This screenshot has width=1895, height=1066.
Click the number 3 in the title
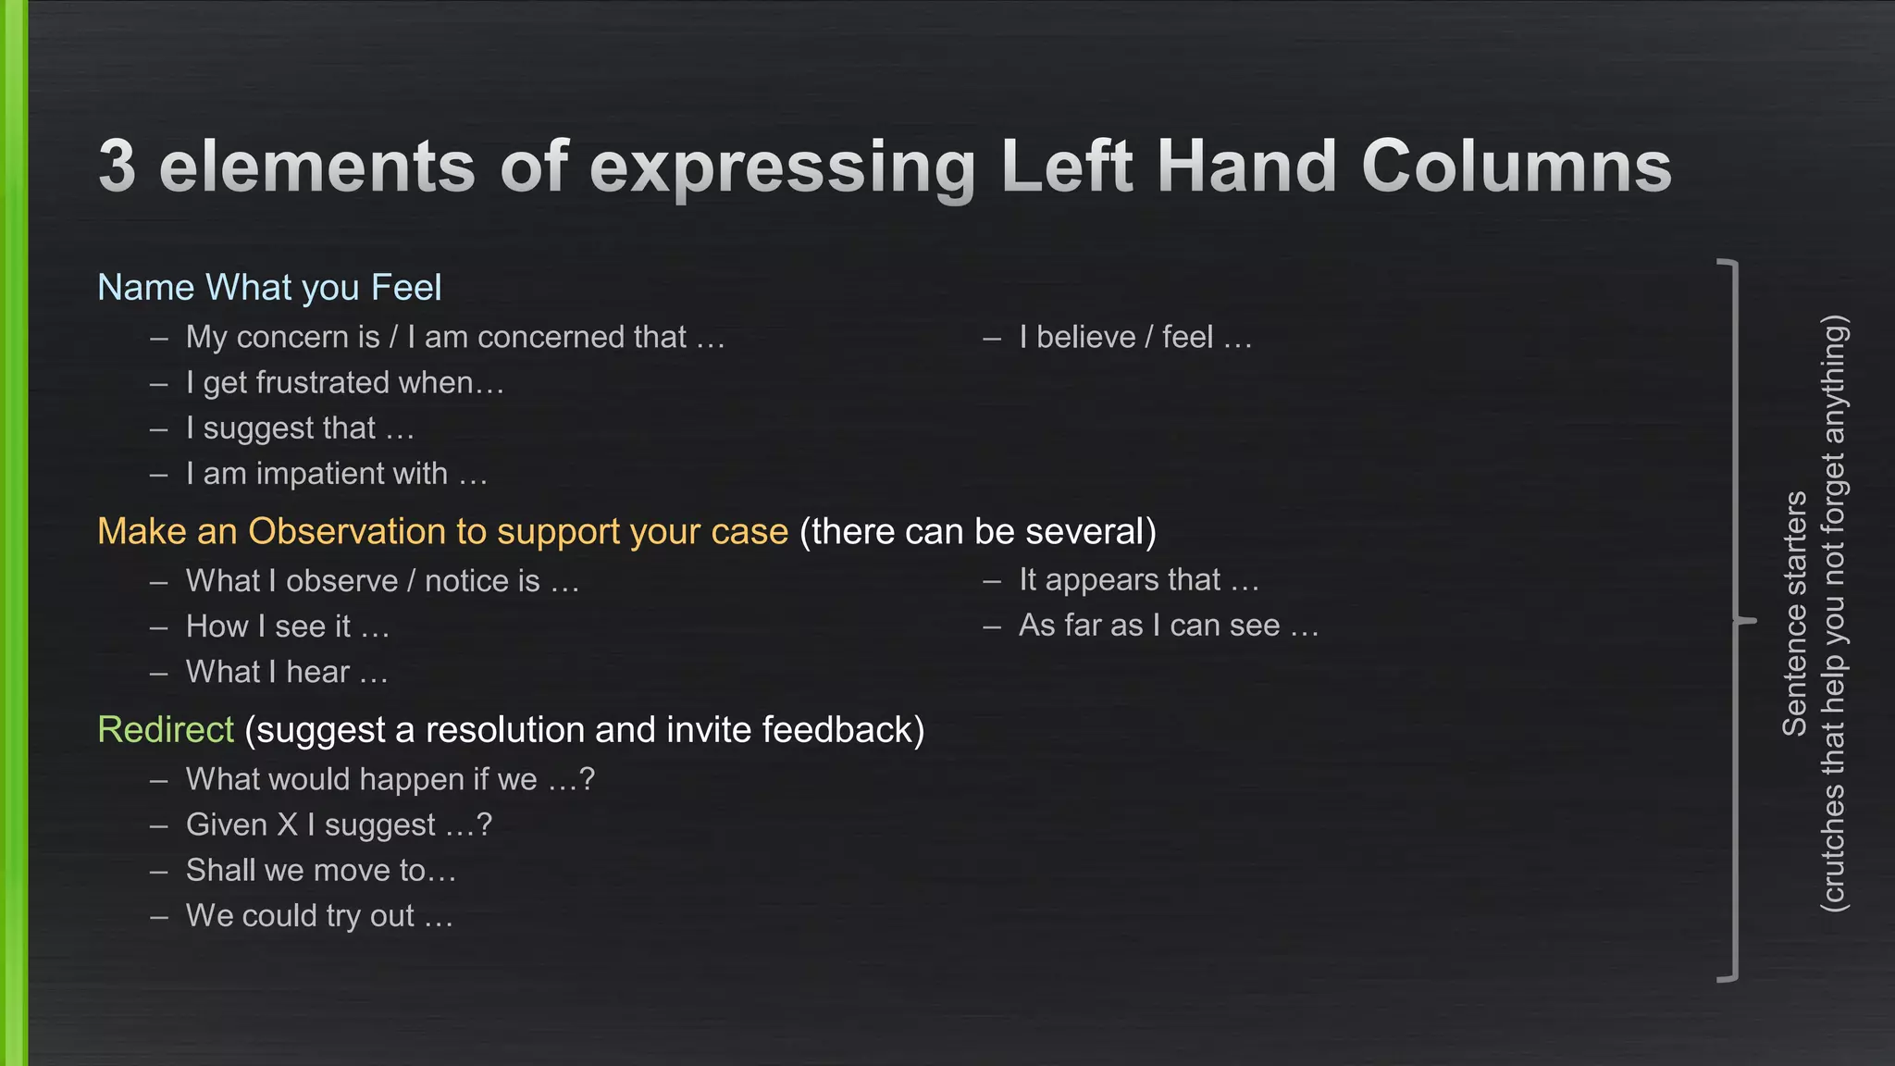(118, 167)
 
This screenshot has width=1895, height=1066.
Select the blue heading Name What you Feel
(269, 288)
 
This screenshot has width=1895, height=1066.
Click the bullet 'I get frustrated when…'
(344, 383)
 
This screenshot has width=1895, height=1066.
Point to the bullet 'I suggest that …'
(299, 428)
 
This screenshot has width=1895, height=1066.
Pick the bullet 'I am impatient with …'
(336, 474)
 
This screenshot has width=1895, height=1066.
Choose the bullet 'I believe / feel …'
(1134, 338)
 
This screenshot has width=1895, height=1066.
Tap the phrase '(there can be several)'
(977, 532)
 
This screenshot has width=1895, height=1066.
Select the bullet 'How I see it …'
(287, 626)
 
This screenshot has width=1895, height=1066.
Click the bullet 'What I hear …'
(286, 672)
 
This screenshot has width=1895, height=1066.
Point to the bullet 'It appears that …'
(1138, 580)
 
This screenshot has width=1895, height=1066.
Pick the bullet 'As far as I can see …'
(1168, 626)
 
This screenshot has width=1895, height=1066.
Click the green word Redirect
(166, 730)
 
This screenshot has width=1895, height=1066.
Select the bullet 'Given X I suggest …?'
(339, 824)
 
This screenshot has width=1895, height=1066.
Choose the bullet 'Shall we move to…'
(320, 871)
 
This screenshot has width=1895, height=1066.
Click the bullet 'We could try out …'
(319, 916)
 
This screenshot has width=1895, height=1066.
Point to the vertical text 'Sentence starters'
(1794, 614)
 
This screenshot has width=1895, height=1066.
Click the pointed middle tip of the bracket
(1751, 620)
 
